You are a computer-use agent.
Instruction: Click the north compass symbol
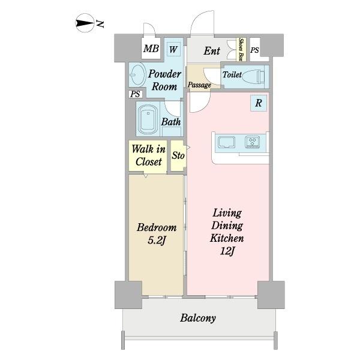click(85, 23)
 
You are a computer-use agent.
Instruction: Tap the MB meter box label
click(151, 49)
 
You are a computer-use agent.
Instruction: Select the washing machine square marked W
click(173, 49)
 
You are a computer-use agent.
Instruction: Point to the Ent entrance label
click(212, 51)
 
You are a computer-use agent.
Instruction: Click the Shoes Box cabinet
click(241, 49)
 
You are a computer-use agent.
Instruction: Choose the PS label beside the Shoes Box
click(254, 50)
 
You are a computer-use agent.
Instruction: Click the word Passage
click(199, 85)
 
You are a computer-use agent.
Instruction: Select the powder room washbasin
click(137, 75)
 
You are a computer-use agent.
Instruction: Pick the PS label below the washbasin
click(135, 94)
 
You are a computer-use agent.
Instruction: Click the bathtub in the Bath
click(148, 119)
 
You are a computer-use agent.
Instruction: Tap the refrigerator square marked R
click(259, 103)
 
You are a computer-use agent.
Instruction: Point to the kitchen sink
click(227, 142)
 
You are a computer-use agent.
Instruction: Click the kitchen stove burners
click(253, 142)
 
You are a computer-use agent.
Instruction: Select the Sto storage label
click(178, 155)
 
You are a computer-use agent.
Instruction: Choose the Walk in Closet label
click(149, 155)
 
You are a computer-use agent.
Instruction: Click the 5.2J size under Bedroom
click(157, 241)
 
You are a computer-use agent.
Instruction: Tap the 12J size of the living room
click(227, 251)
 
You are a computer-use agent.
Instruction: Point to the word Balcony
click(198, 318)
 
